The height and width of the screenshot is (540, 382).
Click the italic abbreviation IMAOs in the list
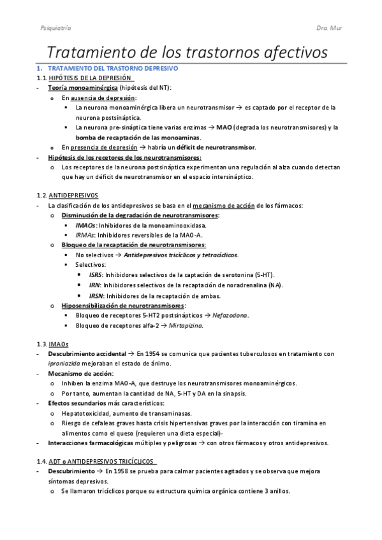[85, 225]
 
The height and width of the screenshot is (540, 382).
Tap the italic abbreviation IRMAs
[86, 235]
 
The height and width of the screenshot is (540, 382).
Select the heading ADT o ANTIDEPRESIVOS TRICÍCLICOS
[103, 462]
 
